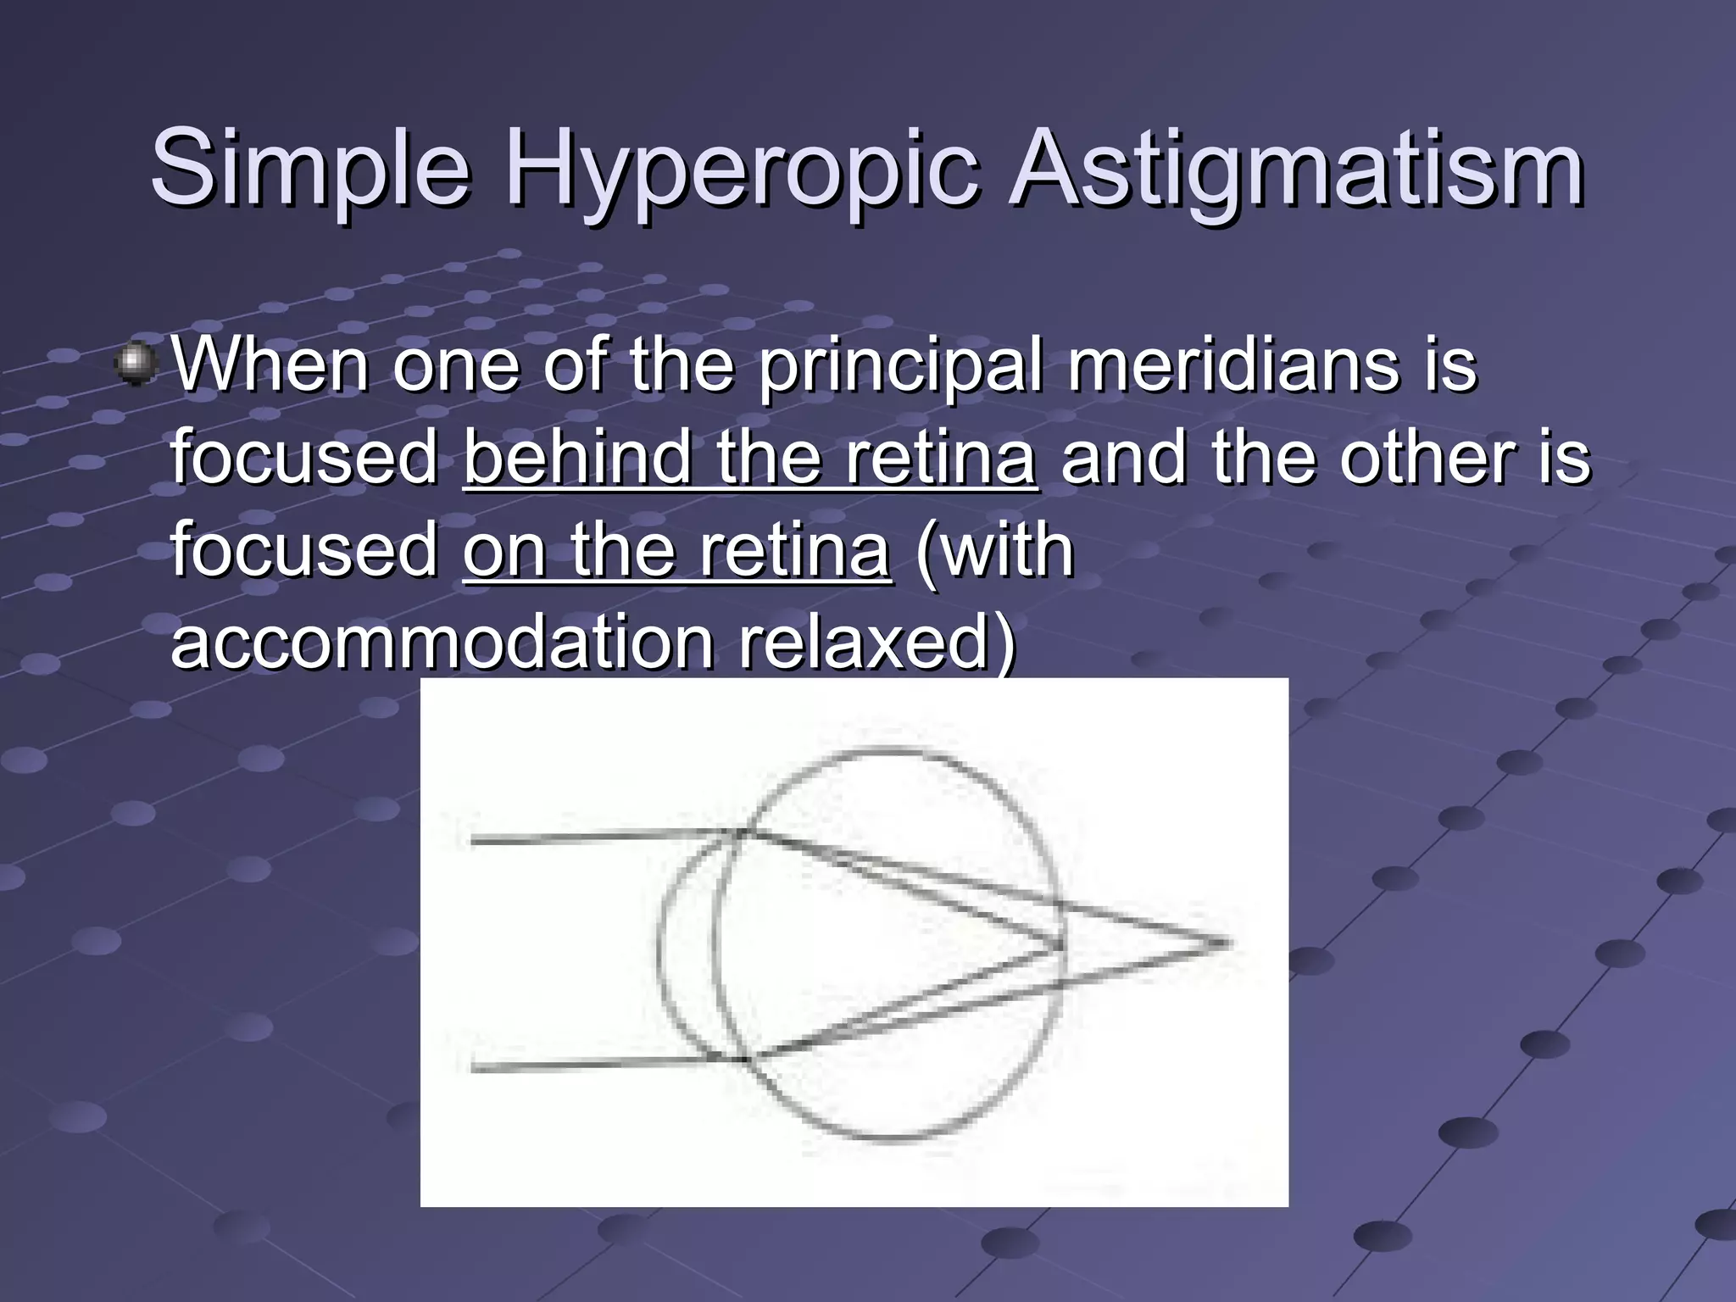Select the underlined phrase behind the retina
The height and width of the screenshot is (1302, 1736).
(x=749, y=458)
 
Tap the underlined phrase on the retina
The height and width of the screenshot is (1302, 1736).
(x=676, y=551)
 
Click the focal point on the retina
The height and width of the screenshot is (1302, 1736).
(x=1061, y=946)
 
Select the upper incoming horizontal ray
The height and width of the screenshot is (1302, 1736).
(x=593, y=837)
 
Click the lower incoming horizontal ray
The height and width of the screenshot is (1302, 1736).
(x=593, y=1064)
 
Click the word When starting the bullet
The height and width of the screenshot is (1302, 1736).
(x=270, y=366)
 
